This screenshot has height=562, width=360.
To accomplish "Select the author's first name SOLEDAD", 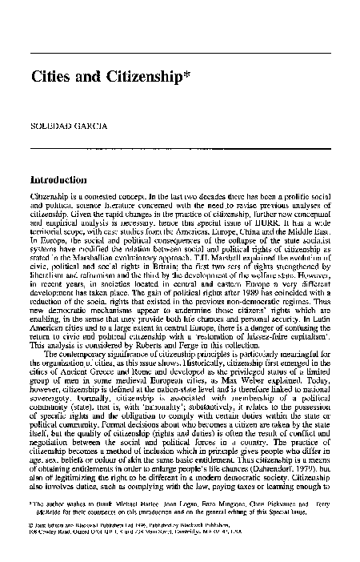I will click(x=49, y=126).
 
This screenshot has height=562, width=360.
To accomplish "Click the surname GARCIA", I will click(x=89, y=126).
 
